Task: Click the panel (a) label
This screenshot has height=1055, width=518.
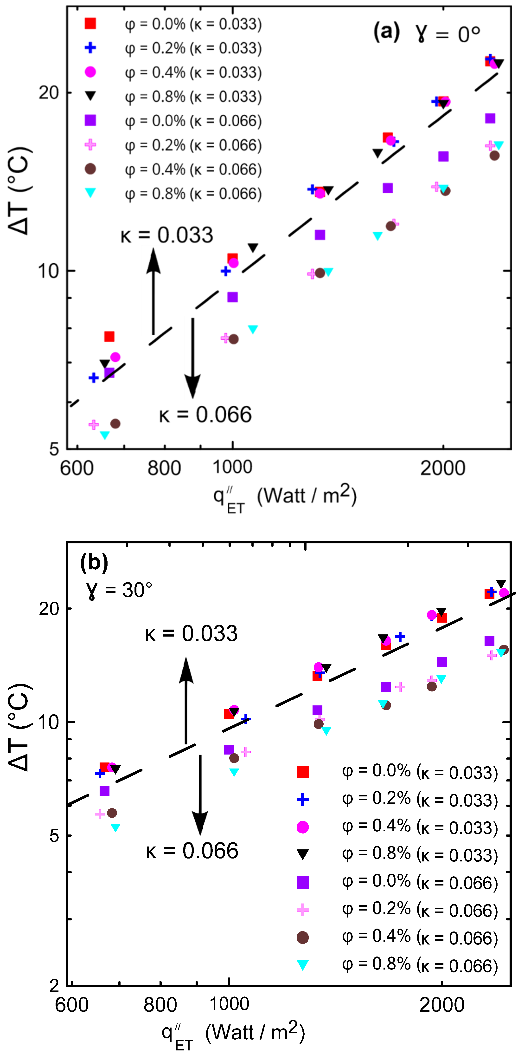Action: click(x=386, y=32)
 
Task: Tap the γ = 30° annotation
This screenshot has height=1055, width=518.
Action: click(x=119, y=590)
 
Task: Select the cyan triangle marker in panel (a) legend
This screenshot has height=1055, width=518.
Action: click(x=90, y=193)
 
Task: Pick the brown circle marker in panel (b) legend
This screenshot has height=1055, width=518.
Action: click(x=302, y=938)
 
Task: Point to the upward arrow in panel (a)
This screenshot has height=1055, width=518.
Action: click(x=153, y=291)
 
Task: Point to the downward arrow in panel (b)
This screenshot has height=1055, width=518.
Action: click(x=200, y=795)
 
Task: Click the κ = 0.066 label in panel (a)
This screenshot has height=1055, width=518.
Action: click(x=205, y=415)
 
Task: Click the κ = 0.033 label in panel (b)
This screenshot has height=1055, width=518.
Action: click(x=192, y=633)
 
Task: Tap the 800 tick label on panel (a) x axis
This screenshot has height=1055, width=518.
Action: click(x=164, y=468)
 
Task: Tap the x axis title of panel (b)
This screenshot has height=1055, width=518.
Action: click(x=233, y=1033)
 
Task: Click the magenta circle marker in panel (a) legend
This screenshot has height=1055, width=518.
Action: click(x=90, y=72)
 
